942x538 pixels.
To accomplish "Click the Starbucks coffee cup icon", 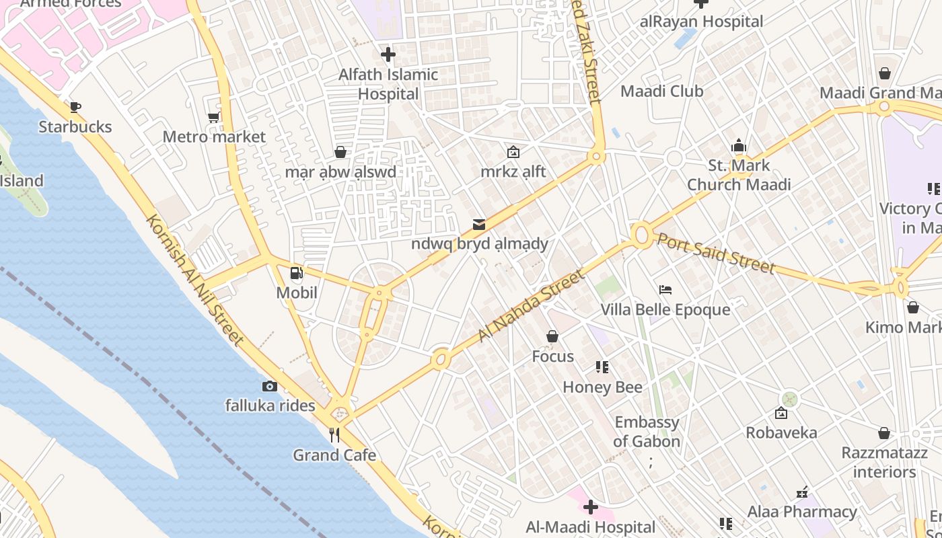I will (75, 107).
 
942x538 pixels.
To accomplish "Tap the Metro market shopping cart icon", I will (214, 118).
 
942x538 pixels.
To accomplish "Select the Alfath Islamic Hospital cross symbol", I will (388, 54).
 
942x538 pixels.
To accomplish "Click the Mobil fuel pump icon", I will (296, 273).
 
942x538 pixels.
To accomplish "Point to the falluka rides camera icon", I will (270, 386).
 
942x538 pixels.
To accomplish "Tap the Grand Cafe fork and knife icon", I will (334, 435).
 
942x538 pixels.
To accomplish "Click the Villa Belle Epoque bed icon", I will (665, 290).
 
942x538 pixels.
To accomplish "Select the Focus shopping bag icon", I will (552, 336).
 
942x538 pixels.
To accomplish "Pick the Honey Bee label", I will (602, 387).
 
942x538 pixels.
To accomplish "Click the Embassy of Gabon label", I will (647, 432).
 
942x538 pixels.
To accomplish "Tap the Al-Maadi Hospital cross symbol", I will (591, 507).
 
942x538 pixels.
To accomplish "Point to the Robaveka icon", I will (781, 413).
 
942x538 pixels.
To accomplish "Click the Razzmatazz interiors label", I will (884, 462).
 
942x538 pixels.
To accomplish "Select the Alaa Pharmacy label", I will (802, 512).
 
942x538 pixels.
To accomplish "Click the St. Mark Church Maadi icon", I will (739, 146).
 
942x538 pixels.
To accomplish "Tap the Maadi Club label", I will (661, 91).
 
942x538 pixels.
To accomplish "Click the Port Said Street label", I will (716, 253).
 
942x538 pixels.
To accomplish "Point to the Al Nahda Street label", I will (532, 306).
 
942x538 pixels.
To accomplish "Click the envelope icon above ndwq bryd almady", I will (479, 224).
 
